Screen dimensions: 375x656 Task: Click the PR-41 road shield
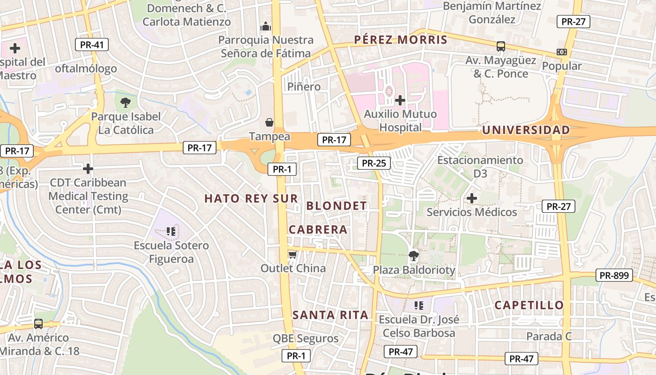[x=92, y=45]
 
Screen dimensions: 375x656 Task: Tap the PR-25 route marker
[x=373, y=163]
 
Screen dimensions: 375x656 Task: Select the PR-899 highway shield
[x=614, y=275]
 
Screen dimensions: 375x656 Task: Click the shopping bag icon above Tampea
[x=269, y=123]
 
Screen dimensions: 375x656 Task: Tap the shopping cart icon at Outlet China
[x=293, y=255]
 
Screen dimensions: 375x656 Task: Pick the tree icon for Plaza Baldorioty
[x=413, y=256]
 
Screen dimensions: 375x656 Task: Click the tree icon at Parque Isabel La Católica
[x=125, y=102]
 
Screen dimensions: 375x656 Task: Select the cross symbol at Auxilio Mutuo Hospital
[x=400, y=100]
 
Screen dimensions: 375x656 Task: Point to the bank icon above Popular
[x=561, y=52]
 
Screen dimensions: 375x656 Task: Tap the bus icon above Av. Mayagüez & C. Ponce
[x=501, y=46]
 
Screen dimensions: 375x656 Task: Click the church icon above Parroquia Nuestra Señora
[x=266, y=26]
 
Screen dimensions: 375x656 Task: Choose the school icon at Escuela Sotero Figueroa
[x=171, y=231]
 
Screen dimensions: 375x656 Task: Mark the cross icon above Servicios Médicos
[x=472, y=198]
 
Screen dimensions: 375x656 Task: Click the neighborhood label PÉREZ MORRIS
[x=401, y=39]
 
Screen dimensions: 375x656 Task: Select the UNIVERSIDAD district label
[x=526, y=130]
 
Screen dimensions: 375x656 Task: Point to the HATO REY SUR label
[x=251, y=198]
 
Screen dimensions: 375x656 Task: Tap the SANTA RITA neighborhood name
[x=330, y=315]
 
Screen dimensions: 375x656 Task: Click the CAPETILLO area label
[x=529, y=305]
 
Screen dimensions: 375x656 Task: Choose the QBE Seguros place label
[x=306, y=338]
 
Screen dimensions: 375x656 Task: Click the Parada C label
[x=549, y=336]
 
